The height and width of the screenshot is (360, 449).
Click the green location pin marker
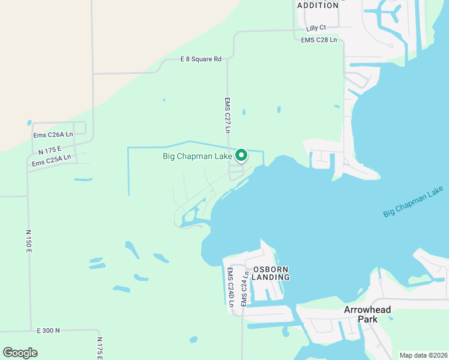click(241, 155)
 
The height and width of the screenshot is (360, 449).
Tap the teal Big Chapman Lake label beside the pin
click(197, 157)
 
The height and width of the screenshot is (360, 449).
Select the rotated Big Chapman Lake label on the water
click(413, 202)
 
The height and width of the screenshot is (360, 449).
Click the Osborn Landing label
click(270, 273)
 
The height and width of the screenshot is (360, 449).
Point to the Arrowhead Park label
click(367, 314)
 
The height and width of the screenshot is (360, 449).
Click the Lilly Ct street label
click(316, 28)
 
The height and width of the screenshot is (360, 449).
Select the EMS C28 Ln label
click(319, 40)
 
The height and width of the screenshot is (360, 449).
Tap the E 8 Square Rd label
click(201, 59)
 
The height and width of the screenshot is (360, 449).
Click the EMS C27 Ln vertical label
click(228, 115)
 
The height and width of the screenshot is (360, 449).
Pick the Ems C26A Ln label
click(53, 135)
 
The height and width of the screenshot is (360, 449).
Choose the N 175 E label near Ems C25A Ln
click(50, 149)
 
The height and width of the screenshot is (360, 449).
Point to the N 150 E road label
click(28, 240)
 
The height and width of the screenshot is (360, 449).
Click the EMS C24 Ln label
click(244, 289)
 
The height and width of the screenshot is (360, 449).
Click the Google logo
click(20, 353)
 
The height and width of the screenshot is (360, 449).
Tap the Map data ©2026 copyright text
click(423, 355)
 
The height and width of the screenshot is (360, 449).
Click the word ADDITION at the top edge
click(318, 5)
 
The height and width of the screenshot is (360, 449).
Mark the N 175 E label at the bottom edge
click(100, 348)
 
